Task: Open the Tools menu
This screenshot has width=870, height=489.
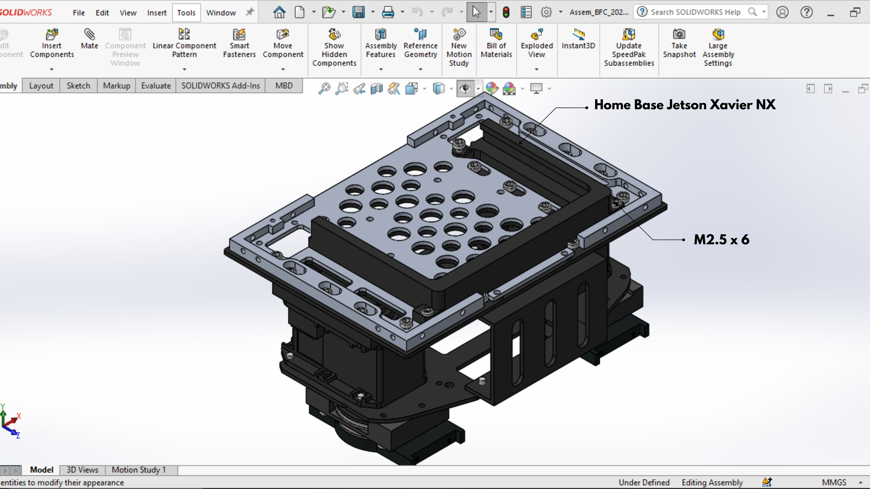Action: [186, 13]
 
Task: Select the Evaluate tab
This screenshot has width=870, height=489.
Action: [156, 86]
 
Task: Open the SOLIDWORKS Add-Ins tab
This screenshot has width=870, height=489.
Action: [221, 86]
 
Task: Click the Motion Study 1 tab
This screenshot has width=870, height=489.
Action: [139, 470]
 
